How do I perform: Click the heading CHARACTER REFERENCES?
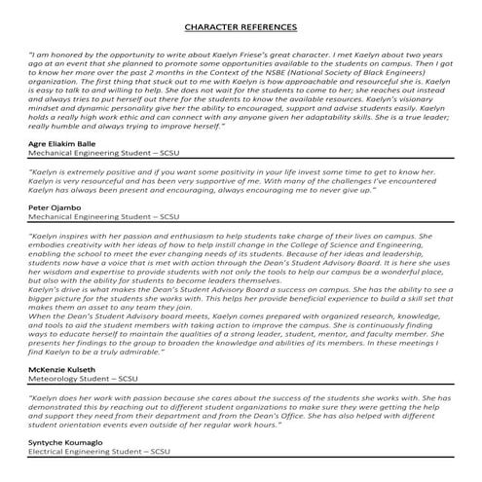pyautogui.click(x=240, y=30)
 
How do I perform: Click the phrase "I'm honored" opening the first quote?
pyautogui.click(x=56, y=56)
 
